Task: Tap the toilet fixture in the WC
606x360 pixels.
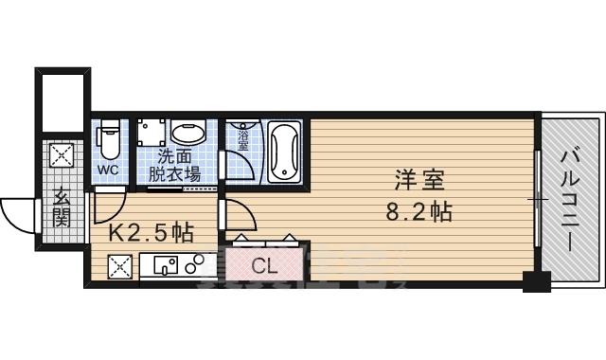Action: pos(108,140)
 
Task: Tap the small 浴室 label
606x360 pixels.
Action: pos(244,140)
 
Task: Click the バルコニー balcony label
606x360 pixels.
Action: pos(571,199)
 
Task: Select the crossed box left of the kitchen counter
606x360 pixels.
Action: pos(120,269)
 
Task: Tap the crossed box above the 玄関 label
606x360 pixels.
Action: pos(62,154)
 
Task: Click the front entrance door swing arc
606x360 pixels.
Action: pos(16,213)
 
